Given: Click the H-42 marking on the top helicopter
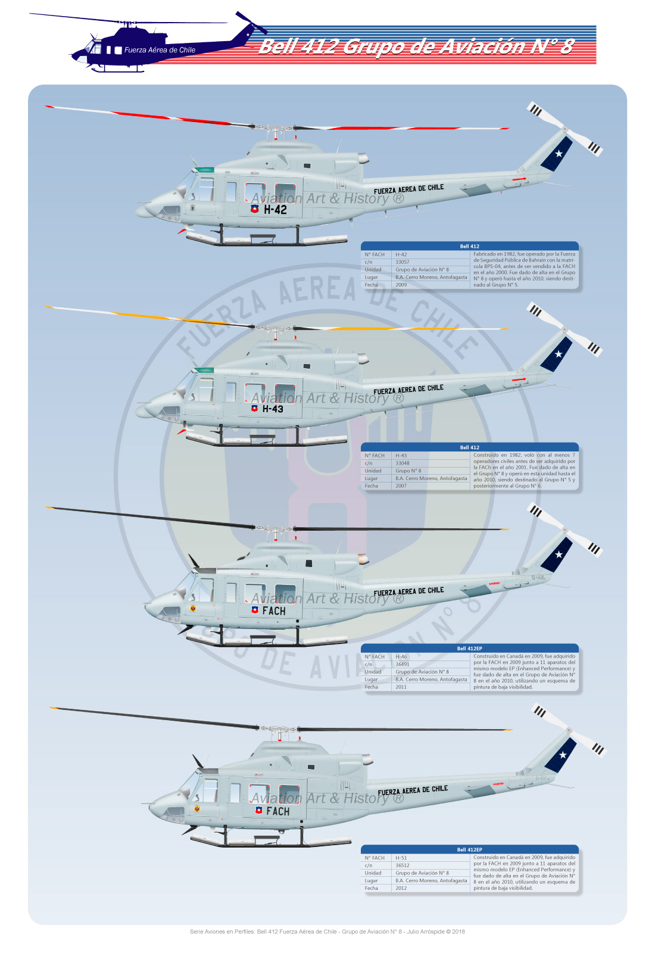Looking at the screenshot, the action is (x=275, y=210).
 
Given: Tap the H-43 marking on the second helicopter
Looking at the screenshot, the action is (x=273, y=409).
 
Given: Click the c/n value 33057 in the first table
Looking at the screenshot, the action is (x=403, y=262).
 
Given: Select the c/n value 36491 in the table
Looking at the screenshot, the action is (x=403, y=664).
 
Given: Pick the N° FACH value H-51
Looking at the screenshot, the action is (x=401, y=858).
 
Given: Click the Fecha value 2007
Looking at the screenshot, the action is (x=401, y=486).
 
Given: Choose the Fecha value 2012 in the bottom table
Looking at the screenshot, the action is (x=401, y=888).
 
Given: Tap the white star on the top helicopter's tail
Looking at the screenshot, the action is (x=559, y=154).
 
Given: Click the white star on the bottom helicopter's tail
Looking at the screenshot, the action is (x=563, y=755).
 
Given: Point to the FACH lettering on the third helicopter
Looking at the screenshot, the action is (x=274, y=611).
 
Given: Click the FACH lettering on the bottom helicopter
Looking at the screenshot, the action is (x=278, y=811).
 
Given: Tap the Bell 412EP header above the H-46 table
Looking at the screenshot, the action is (x=469, y=648).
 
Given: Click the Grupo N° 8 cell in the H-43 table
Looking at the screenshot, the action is (x=408, y=471).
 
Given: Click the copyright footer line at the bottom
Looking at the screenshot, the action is (x=327, y=932).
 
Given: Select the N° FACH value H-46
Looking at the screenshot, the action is (x=401, y=656).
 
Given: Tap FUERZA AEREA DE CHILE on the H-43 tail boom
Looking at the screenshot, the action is (x=408, y=390).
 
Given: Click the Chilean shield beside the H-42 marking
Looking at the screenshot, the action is (x=255, y=209).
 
